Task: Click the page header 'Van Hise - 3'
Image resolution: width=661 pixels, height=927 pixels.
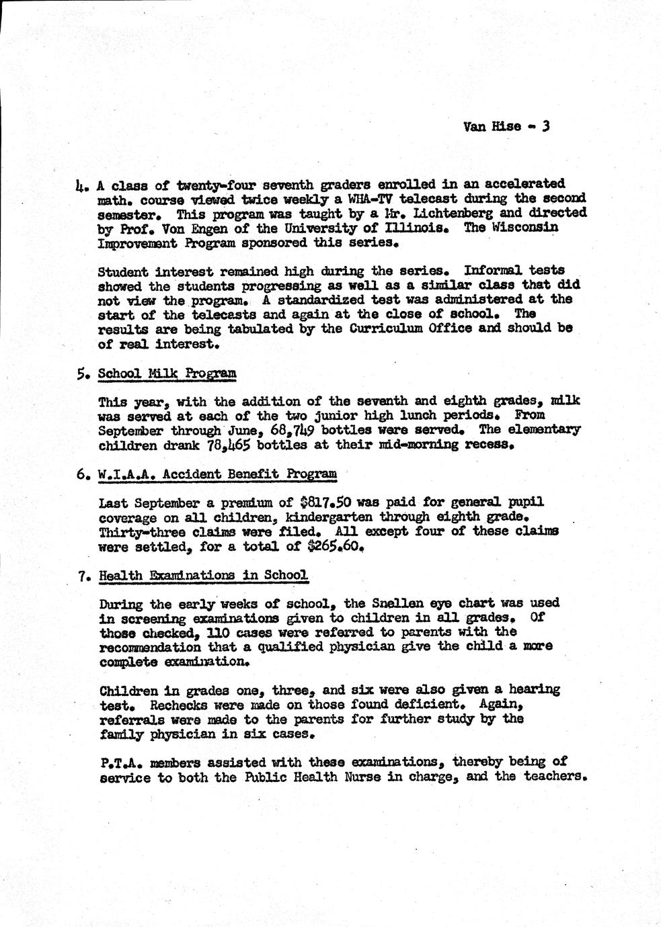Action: [x=506, y=126]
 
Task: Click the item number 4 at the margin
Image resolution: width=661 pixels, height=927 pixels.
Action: [x=82, y=185]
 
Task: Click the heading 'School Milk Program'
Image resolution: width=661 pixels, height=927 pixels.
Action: [x=167, y=373]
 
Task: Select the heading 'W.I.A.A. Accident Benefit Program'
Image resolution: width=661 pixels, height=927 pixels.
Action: [x=217, y=474]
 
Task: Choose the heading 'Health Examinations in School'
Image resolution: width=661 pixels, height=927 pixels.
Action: [x=203, y=575]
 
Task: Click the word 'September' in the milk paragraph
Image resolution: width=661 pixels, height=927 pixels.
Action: [x=132, y=429]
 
